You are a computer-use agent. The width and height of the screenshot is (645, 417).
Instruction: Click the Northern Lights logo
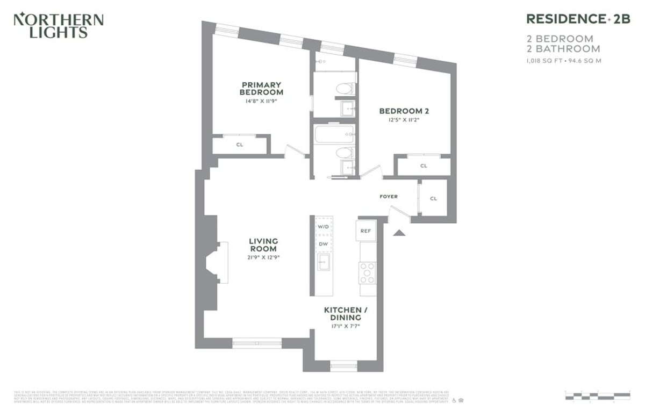pyautogui.click(x=58, y=25)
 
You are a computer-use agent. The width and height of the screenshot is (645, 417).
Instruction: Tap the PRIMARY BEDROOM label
pyautogui.click(x=261, y=88)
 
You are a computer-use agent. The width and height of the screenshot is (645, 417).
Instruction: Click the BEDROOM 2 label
pyautogui.click(x=404, y=111)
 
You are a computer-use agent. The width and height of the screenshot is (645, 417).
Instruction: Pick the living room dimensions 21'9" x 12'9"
pyautogui.click(x=263, y=257)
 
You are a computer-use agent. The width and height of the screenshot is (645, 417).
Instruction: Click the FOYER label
pyautogui.click(x=389, y=197)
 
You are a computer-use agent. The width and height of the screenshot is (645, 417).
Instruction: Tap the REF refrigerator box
pyautogui.click(x=365, y=231)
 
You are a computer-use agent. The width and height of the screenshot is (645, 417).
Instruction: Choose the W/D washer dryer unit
pyautogui.click(x=323, y=227)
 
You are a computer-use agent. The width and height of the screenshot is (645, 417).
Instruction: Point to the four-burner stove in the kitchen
pyautogui.click(x=368, y=272)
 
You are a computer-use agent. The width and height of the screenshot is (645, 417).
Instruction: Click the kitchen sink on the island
pyautogui.click(x=324, y=263)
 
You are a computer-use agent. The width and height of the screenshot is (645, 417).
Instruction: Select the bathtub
pyautogui.click(x=334, y=134)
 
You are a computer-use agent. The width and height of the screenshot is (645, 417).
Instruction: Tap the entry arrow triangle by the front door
pyautogui.click(x=399, y=232)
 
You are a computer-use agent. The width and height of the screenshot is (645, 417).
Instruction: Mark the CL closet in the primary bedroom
pyautogui.click(x=240, y=145)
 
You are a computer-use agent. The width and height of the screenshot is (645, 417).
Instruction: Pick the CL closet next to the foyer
pyautogui.click(x=433, y=198)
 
